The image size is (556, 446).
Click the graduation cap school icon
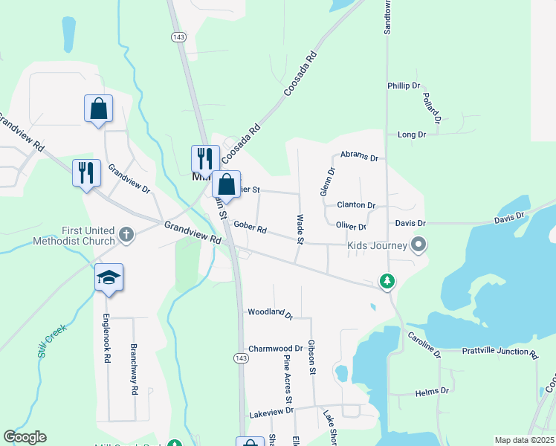point(109,278)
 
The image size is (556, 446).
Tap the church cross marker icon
point(126,235)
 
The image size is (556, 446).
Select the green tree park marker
point(387,281)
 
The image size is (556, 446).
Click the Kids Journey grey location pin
point(418,244)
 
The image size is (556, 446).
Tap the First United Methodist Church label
point(74,236)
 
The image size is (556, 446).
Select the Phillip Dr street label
point(404,86)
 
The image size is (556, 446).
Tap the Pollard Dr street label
point(432,108)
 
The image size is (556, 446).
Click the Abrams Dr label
point(360,157)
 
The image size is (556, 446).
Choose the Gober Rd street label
point(250,227)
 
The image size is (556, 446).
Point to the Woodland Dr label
point(271,313)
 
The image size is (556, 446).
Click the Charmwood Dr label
point(275,348)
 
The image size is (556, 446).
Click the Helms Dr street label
point(433,391)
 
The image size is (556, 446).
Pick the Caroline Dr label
point(424,344)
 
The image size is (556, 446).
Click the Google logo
point(25,437)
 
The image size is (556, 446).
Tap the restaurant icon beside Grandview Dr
point(86,172)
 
